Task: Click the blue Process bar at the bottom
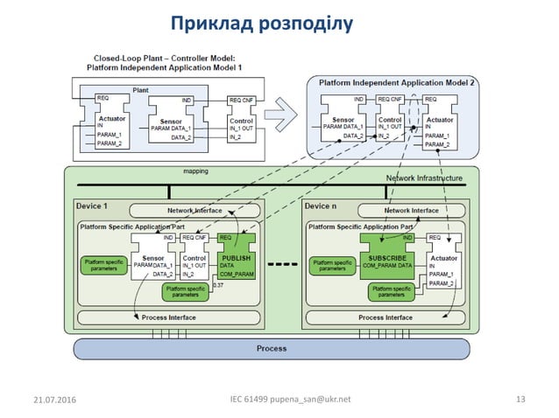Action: click(x=271, y=348)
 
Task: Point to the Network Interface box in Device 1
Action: click(x=195, y=211)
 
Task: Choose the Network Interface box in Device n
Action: click(x=412, y=211)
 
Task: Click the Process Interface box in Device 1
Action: click(x=168, y=317)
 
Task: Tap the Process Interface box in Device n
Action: click(x=386, y=317)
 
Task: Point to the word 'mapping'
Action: click(x=195, y=171)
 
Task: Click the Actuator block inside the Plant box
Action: click(x=110, y=122)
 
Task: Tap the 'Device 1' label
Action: click(x=92, y=206)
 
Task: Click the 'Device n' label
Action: click(x=320, y=206)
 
